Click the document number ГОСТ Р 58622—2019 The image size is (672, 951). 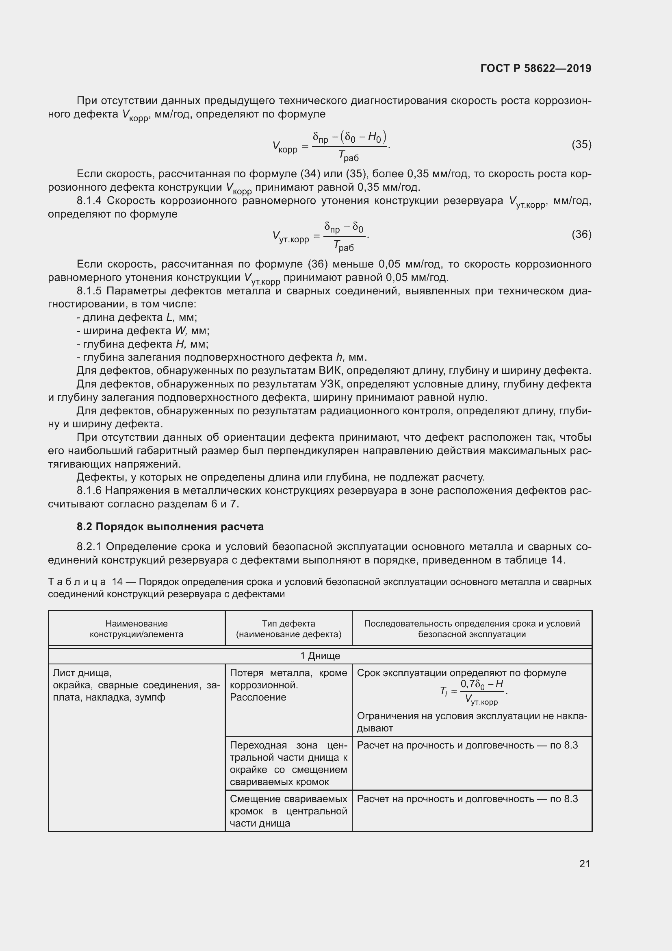click(x=535, y=68)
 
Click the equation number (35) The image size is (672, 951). click(x=581, y=144)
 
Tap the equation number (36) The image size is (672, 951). click(x=581, y=235)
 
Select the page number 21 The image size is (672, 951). click(x=584, y=864)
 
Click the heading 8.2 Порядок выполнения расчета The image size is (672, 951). click(x=170, y=527)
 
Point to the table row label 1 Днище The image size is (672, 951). click(x=320, y=656)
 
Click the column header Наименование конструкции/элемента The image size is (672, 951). click(x=136, y=629)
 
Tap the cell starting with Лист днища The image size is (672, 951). click(x=136, y=685)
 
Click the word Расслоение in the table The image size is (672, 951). click(x=258, y=697)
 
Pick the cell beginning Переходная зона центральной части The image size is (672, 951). click(x=288, y=764)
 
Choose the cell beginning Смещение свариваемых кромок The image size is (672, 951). click(x=288, y=811)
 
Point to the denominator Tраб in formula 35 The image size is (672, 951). click(x=349, y=156)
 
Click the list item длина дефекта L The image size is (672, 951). click(x=137, y=317)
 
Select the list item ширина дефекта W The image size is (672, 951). click(x=143, y=331)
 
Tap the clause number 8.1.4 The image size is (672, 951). click(x=89, y=201)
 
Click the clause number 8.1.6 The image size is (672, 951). click(x=89, y=490)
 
